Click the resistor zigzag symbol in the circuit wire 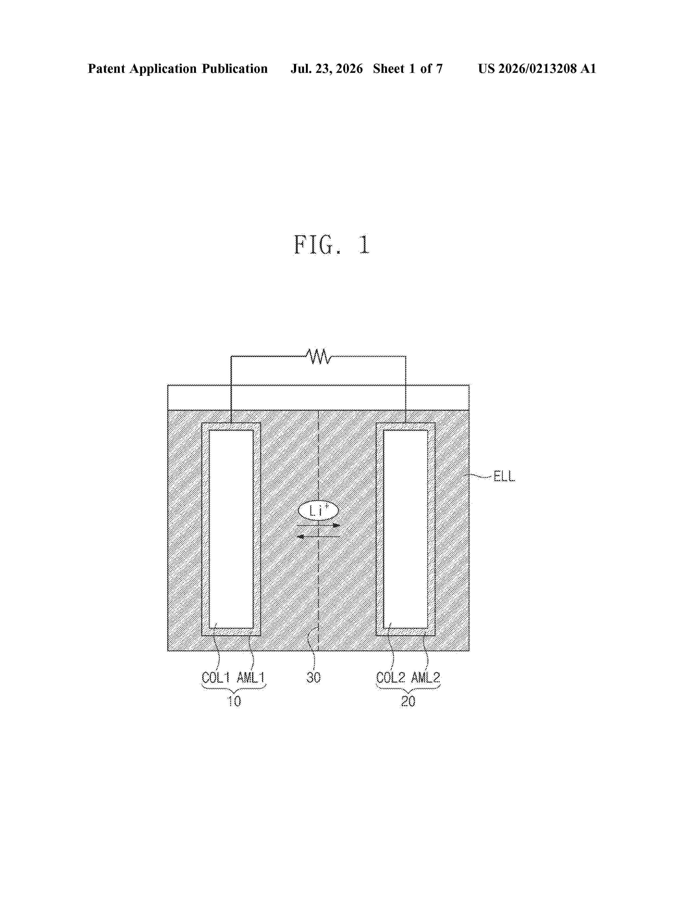[x=318, y=356]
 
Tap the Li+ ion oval [x=318, y=511]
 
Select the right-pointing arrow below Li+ [x=318, y=525]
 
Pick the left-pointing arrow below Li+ [x=318, y=536]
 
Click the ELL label [x=504, y=476]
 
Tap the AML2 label [x=426, y=677]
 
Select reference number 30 [x=313, y=677]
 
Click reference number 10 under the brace [x=234, y=701]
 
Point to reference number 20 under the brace [x=408, y=701]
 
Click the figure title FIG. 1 [x=332, y=245]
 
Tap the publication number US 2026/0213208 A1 [x=537, y=68]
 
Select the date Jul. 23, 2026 [x=327, y=68]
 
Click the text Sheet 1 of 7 [x=408, y=68]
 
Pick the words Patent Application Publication [x=178, y=68]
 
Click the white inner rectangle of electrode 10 [x=231, y=529]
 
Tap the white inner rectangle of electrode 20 [x=406, y=529]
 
